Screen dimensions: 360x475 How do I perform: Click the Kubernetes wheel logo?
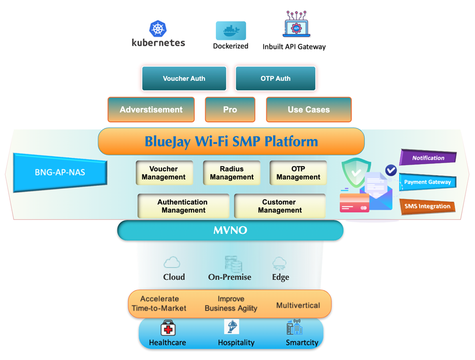[x=158, y=29]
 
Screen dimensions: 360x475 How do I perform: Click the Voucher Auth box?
[x=184, y=78]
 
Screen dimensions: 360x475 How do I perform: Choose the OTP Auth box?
[x=275, y=78]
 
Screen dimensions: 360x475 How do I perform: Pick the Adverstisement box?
[x=151, y=110]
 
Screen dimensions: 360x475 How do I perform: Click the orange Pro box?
[x=230, y=110]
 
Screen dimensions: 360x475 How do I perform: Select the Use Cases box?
[x=308, y=110]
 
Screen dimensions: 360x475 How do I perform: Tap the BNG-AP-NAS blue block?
[x=60, y=172]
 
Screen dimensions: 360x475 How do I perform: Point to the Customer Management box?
[x=280, y=206]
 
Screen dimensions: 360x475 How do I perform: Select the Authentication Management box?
[x=183, y=206]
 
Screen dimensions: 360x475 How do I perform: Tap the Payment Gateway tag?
[x=428, y=182]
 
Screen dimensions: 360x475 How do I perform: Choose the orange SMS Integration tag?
[x=427, y=206]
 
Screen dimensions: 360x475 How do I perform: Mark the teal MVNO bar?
[x=230, y=230]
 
